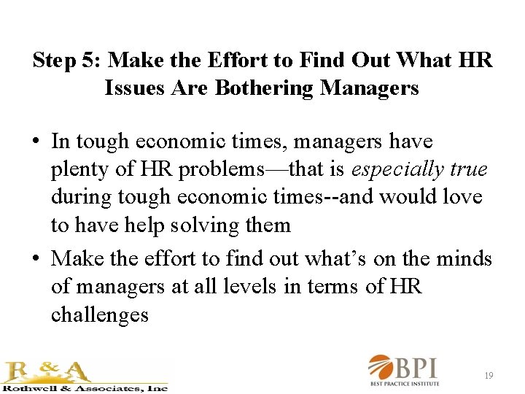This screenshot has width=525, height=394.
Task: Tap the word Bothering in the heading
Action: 265,89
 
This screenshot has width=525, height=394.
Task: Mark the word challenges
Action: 100,314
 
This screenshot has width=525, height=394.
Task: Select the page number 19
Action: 489,376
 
